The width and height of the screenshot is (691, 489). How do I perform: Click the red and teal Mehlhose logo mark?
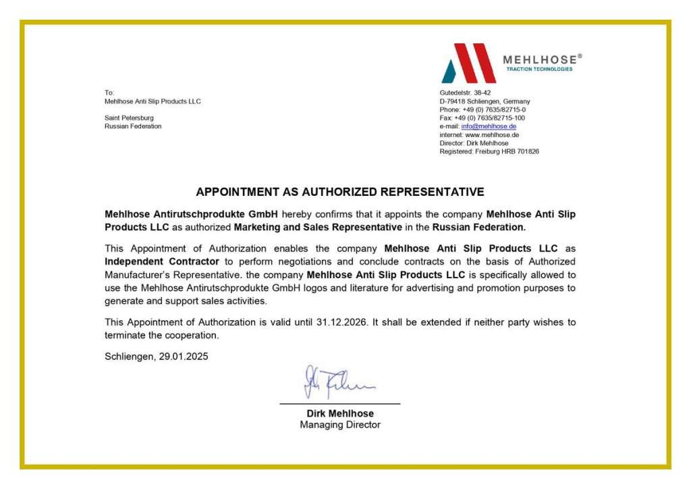point(468,63)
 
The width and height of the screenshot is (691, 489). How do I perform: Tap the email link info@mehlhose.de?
point(489,126)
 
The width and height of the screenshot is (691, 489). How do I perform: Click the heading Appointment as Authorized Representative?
point(340,192)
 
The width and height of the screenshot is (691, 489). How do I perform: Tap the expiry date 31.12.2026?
point(341,322)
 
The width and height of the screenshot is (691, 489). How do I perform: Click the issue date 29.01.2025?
point(184,357)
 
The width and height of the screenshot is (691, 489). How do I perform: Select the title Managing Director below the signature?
point(340,425)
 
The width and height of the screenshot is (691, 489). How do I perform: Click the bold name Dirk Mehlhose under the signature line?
point(340,413)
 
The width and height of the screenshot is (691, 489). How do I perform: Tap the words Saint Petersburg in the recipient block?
point(129,118)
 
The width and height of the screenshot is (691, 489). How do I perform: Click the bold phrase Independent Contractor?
point(162,261)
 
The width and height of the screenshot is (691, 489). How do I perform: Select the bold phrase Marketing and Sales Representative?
point(318,227)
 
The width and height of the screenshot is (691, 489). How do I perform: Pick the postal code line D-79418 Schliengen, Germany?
point(485,101)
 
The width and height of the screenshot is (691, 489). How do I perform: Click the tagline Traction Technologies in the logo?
point(539,69)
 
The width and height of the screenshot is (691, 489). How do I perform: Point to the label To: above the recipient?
point(109,93)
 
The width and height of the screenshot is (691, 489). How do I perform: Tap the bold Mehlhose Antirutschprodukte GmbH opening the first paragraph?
point(191,214)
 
